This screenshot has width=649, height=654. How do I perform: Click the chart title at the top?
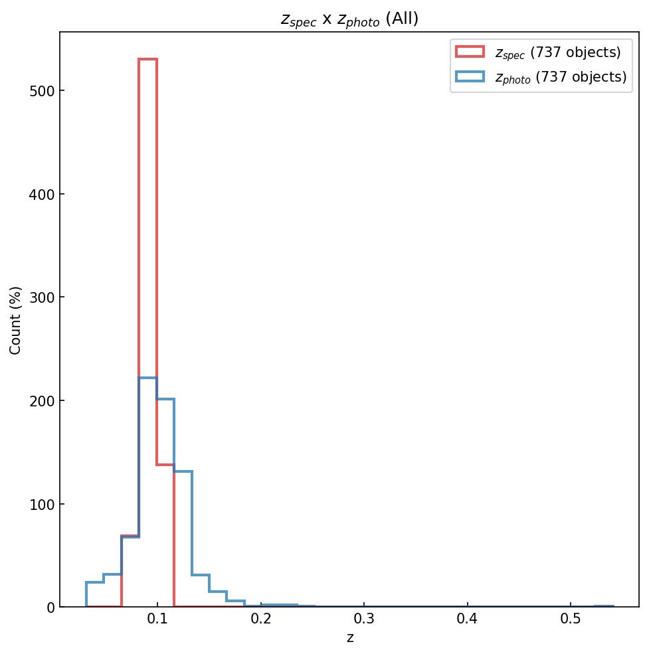[x=349, y=19]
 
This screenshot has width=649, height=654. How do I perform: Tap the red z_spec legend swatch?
[x=470, y=52]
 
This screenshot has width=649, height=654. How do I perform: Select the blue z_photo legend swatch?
[x=470, y=77]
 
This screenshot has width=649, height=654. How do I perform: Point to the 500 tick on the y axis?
[x=41, y=90]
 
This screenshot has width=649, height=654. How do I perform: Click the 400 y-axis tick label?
[x=41, y=194]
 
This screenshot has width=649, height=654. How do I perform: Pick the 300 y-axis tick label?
[x=41, y=297]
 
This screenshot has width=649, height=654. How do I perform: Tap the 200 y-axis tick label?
[x=41, y=400]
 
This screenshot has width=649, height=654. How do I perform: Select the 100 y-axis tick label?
[x=41, y=504]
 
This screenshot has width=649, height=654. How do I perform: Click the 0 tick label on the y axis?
[x=50, y=607]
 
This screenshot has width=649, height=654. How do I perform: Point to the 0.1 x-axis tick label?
[x=157, y=619]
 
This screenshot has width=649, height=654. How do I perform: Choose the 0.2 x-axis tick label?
[x=260, y=619]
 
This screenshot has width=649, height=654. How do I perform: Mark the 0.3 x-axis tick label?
[x=364, y=619]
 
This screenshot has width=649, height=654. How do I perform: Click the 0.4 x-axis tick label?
[x=468, y=619]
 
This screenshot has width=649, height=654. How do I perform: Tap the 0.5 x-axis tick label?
[x=571, y=619]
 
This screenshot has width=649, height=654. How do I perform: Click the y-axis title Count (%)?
[x=16, y=320]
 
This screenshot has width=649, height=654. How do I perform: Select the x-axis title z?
[x=349, y=638]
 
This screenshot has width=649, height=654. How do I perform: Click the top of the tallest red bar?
[x=147, y=59]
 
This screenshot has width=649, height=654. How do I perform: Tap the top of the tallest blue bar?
[x=147, y=378]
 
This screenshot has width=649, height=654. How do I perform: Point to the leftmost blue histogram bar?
[x=95, y=594]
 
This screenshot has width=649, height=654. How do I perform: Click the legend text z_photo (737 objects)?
[x=560, y=77]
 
